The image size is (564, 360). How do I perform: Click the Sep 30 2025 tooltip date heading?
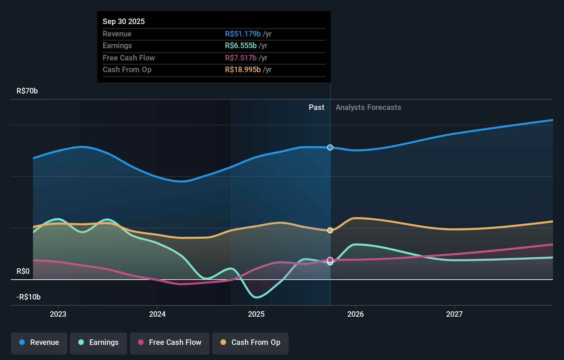click(x=124, y=21)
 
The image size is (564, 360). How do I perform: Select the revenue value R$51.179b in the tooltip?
click(x=242, y=34)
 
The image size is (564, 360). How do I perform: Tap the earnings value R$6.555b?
click(x=240, y=45)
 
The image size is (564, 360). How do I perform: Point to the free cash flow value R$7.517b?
click(x=240, y=58)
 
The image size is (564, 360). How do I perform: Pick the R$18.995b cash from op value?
click(x=242, y=69)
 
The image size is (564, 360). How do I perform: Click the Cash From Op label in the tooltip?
click(x=127, y=69)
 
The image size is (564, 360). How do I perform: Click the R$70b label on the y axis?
click(x=27, y=91)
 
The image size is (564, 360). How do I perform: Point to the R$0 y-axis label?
click(x=23, y=271)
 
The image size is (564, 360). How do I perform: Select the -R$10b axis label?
click(x=29, y=297)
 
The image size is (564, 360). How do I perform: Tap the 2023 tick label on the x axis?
click(x=58, y=314)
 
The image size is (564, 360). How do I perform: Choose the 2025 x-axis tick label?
click(x=256, y=314)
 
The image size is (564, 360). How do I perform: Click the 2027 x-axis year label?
click(x=454, y=314)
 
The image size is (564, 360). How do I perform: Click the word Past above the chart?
click(x=316, y=107)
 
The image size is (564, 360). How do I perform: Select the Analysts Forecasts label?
click(x=368, y=107)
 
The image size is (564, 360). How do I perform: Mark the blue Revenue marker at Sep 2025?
click(x=330, y=147)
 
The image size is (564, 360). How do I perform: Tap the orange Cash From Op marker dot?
click(x=330, y=230)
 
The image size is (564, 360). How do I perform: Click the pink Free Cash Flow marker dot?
click(x=330, y=260)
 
